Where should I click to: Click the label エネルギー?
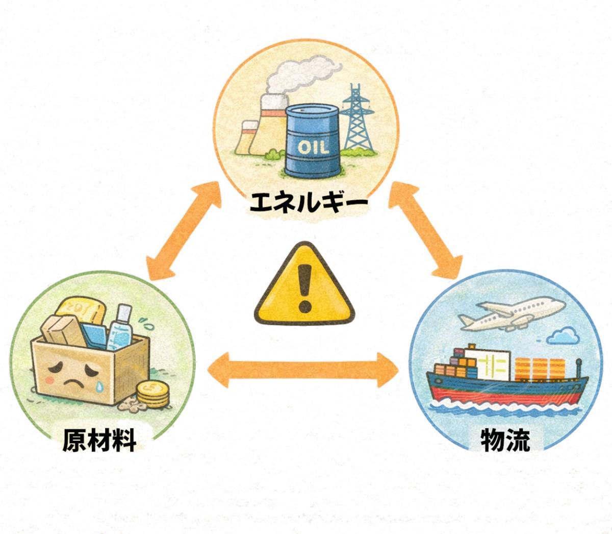[x=308, y=203]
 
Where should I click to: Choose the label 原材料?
[x=100, y=440]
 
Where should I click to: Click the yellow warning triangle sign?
[x=304, y=286]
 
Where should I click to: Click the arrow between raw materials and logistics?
[x=304, y=368]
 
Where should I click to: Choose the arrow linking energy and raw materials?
[x=183, y=232]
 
